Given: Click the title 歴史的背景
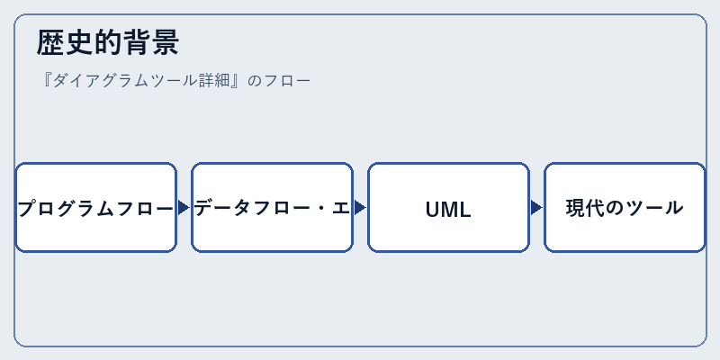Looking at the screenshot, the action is tap(107, 42).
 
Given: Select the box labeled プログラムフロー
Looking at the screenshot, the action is tap(96, 208).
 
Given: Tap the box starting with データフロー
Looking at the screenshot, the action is tap(273, 208).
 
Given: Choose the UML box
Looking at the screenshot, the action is tap(448, 208).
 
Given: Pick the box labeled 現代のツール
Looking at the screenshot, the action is tap(625, 208).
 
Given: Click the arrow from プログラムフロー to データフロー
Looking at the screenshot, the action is tap(184, 208).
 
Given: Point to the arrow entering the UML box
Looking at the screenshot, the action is tap(360, 208).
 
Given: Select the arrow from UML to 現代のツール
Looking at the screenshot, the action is tap(536, 208).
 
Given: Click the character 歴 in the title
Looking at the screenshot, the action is tap(50, 42).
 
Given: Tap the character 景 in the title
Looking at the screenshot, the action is tap(165, 42).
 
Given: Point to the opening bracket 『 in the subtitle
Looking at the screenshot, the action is tap(46, 81).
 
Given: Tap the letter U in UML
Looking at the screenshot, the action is tap(434, 210).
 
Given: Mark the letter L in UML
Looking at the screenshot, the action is tap(465, 210).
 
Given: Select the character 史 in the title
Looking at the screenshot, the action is tap(79, 42).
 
